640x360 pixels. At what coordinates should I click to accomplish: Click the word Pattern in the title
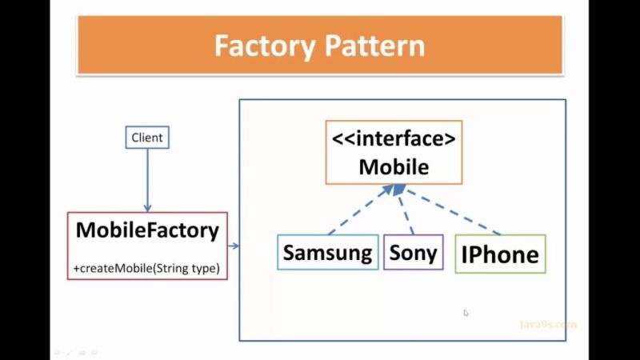click(x=373, y=46)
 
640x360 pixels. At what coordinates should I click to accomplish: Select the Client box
click(x=147, y=138)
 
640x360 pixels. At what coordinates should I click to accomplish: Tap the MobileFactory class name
click(x=147, y=230)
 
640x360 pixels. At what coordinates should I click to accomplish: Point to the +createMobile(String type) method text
click(x=146, y=268)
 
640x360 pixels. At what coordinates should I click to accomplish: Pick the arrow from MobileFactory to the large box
click(x=234, y=246)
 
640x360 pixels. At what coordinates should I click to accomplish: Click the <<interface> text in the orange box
click(x=394, y=138)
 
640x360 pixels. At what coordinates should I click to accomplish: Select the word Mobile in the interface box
click(x=394, y=166)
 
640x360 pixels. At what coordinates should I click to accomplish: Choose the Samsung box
click(x=328, y=253)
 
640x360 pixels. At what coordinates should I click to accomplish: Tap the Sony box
click(x=413, y=253)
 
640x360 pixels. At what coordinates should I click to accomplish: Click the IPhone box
click(x=500, y=254)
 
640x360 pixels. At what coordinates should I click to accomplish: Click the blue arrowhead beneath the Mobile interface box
click(x=397, y=190)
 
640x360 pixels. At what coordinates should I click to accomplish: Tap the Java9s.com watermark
click(x=547, y=325)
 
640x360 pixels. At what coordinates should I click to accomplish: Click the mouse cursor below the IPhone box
click(x=466, y=313)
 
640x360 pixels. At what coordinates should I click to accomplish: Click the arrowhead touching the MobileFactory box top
click(x=147, y=207)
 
